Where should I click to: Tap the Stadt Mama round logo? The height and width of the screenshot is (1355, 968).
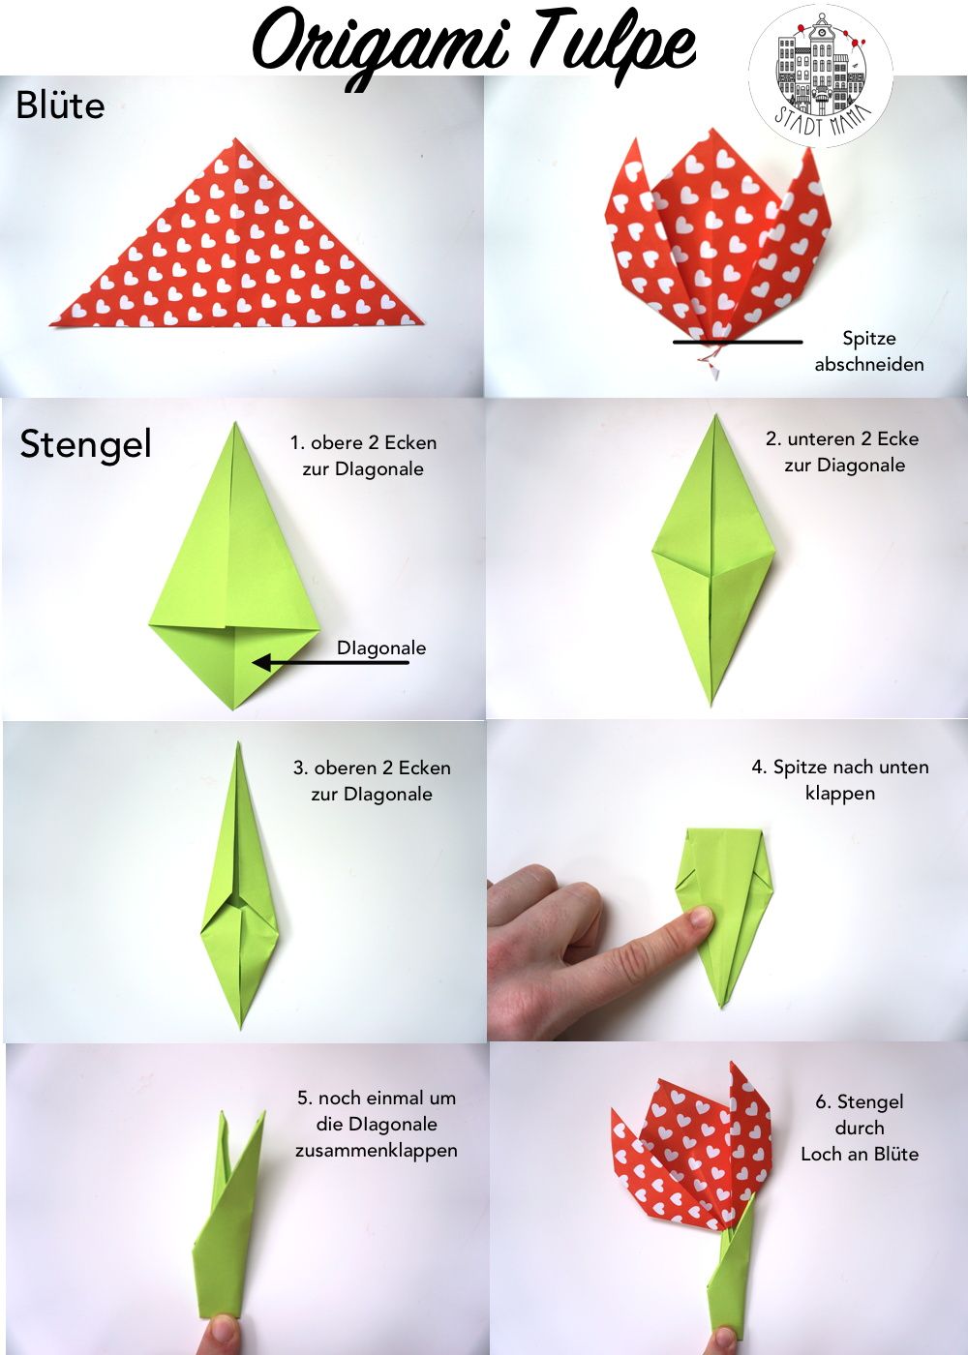pyautogui.click(x=821, y=75)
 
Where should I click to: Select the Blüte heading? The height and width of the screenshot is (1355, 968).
pyautogui.click(x=60, y=105)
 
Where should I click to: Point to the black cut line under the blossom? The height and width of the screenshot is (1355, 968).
pyautogui.click(x=738, y=342)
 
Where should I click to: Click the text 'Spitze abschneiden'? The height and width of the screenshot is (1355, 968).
pyautogui.click(x=869, y=351)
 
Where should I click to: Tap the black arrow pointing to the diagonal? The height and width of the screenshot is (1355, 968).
pyautogui.click(x=330, y=662)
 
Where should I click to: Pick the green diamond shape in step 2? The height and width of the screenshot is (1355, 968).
pyautogui.click(x=712, y=559)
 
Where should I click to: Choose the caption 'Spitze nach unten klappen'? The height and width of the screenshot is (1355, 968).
pyautogui.click(x=840, y=780)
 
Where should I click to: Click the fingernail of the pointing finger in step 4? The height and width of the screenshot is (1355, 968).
pyautogui.click(x=702, y=918)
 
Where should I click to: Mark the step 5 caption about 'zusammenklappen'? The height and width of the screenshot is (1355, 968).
pyautogui.click(x=377, y=1124)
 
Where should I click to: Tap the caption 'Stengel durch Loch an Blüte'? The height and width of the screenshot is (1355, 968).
pyautogui.click(x=860, y=1128)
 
